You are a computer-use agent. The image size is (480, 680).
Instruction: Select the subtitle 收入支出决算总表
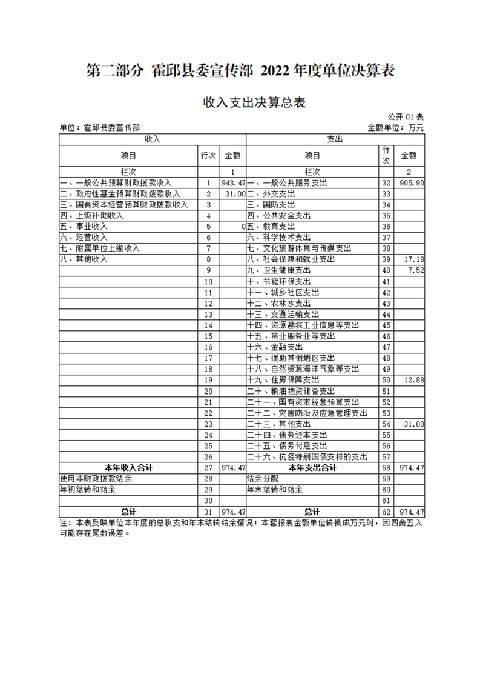pyautogui.click(x=254, y=103)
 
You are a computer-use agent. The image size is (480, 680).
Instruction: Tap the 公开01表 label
pyautogui.click(x=405, y=116)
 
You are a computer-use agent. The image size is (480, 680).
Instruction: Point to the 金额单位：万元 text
pyautogui.click(x=395, y=128)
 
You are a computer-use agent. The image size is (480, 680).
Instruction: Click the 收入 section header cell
pyautogui.click(x=152, y=139)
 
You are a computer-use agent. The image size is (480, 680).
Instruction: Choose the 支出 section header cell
pyautogui.click(x=335, y=139)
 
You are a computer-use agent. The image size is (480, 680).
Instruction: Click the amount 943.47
pyautogui.click(x=234, y=183)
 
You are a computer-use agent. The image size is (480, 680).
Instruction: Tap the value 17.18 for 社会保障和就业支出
pyautogui.click(x=414, y=259)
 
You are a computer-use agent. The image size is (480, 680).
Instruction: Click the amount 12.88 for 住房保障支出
pyautogui.click(x=414, y=379)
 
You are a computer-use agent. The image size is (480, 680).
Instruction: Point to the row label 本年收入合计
pyautogui.click(x=129, y=468)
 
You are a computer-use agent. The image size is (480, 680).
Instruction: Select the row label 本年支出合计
pyautogui.click(x=312, y=468)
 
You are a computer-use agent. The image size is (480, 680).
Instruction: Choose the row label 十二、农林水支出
pyautogui.click(x=279, y=303)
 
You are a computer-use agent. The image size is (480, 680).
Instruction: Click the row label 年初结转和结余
pyautogui.click(x=88, y=490)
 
